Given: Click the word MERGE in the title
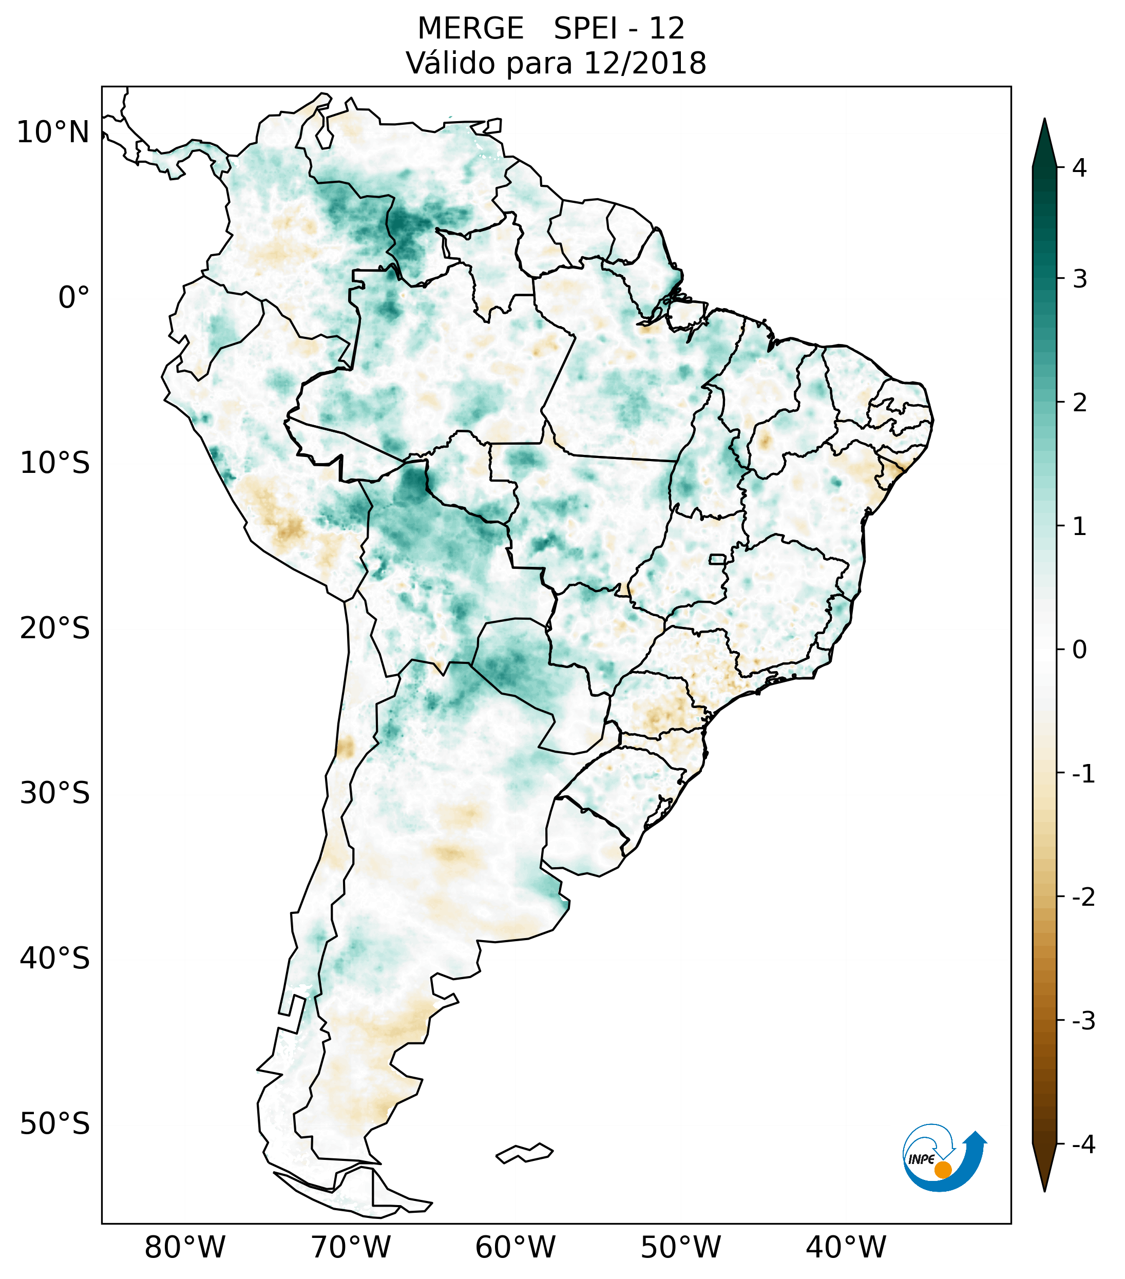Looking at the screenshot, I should click(x=470, y=29).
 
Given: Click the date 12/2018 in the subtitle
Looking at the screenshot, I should click(x=644, y=63).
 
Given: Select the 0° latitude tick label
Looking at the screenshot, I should click(x=74, y=297).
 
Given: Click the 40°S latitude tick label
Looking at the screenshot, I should click(x=55, y=958).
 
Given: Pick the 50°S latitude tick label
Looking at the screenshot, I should click(x=55, y=1124).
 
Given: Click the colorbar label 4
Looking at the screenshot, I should click(x=1079, y=168).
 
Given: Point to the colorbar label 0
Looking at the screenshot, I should click(x=1079, y=650).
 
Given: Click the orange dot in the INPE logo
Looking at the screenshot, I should click(x=942, y=1170).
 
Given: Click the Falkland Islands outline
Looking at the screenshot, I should click(x=524, y=1153).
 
